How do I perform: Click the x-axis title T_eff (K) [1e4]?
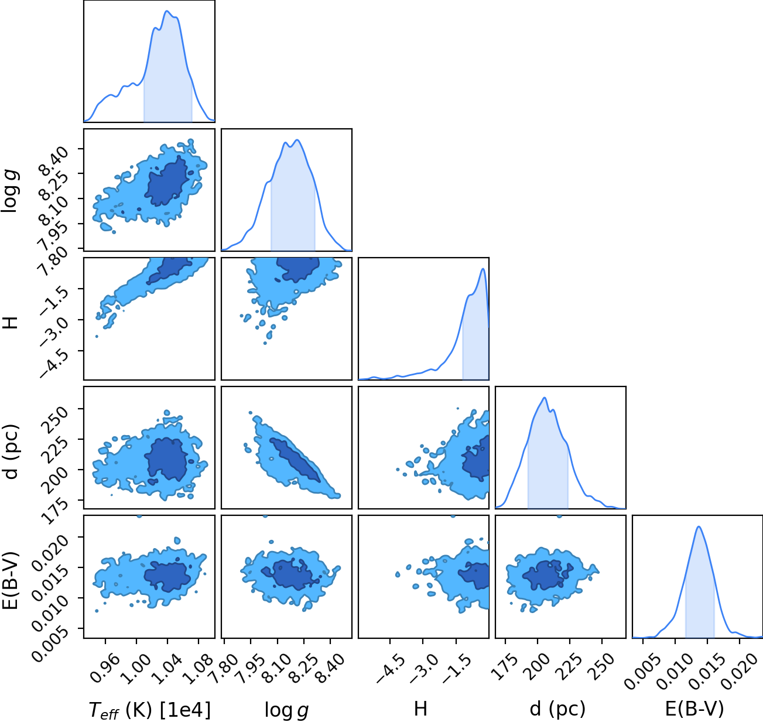click(x=150, y=710)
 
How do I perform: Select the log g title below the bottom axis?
click(x=286, y=710)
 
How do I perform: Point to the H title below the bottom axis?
click(x=420, y=709)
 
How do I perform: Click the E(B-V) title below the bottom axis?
click(x=694, y=709)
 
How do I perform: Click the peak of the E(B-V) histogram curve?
click(x=699, y=527)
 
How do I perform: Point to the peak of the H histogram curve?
click(x=483, y=269)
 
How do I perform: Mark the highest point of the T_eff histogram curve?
click(x=167, y=11)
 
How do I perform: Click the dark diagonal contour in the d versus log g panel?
click(x=295, y=460)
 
